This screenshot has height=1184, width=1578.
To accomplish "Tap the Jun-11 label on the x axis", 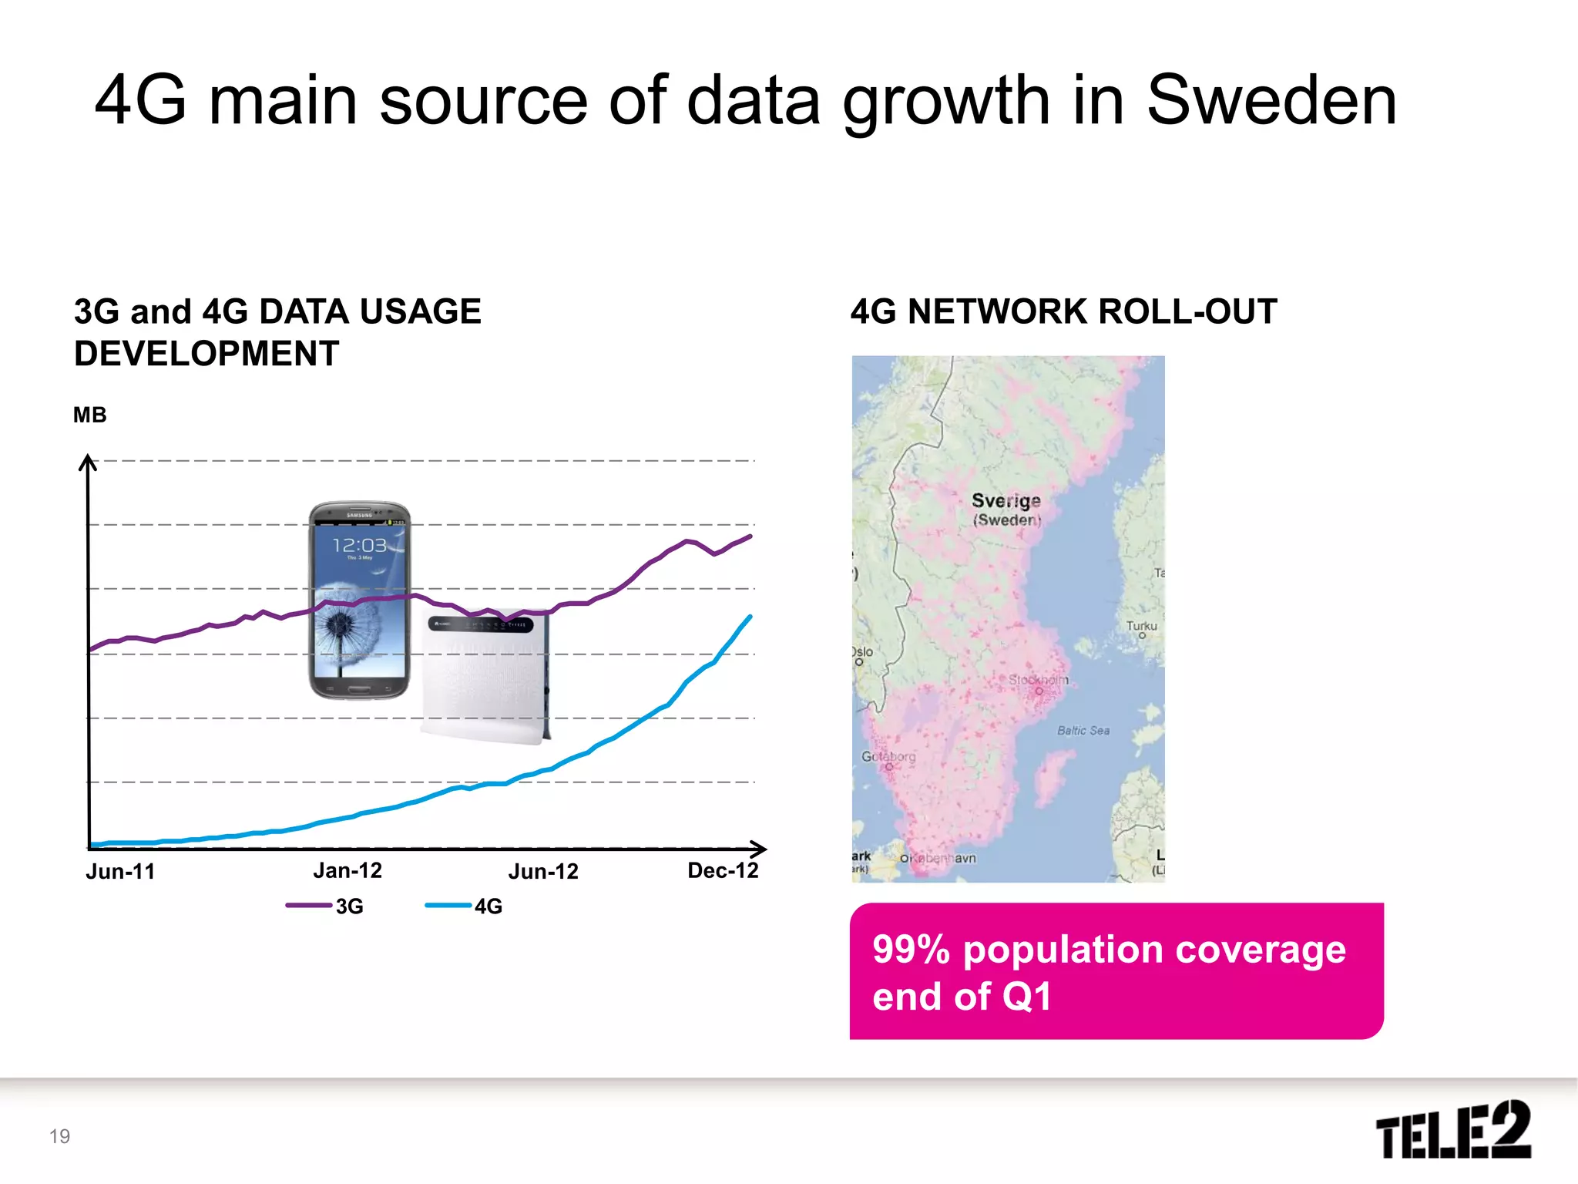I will [x=120, y=871].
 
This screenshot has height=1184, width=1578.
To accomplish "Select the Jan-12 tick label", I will [x=347, y=870].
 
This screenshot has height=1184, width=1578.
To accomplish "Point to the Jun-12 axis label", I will [x=543, y=871].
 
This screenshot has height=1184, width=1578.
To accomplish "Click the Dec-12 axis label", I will [x=723, y=870].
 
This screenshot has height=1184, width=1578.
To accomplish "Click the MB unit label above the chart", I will [x=89, y=415].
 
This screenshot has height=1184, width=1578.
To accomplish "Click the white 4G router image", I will [x=485, y=678].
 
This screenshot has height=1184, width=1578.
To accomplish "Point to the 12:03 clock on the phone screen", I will [x=358, y=546].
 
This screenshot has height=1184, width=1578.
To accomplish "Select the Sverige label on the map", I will [x=1006, y=501].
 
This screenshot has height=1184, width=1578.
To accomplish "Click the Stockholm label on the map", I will [x=1039, y=680].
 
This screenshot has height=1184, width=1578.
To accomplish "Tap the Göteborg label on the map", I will [x=888, y=756].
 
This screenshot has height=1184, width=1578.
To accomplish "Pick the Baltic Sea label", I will [x=1083, y=730].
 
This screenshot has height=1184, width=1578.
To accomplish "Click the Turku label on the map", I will [x=1141, y=626].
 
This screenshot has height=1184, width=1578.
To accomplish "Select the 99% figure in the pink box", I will [x=911, y=950].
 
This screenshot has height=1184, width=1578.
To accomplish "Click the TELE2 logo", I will [x=1452, y=1131].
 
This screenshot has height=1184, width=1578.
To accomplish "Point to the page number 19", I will [x=59, y=1135].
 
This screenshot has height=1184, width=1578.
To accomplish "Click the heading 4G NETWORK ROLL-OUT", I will [x=1063, y=311].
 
